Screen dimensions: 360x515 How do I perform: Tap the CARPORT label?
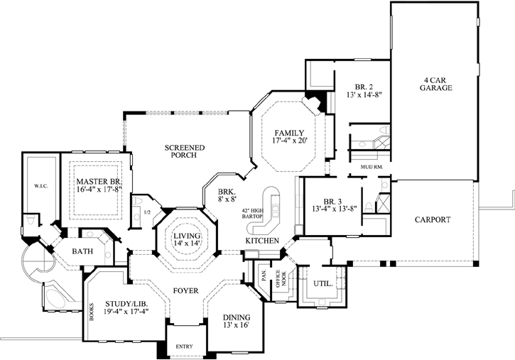(433, 219)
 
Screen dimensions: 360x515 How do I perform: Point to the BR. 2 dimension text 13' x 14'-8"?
(364, 94)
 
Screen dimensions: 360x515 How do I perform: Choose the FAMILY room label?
(289, 133)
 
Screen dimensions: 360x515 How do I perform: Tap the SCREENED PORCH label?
(185, 152)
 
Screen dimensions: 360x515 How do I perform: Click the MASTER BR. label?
(99, 182)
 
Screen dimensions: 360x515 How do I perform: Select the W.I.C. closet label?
(41, 187)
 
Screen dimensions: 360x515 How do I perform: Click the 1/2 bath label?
(146, 212)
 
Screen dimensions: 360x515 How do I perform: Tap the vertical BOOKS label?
(90, 312)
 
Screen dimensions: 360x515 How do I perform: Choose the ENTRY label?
(183, 347)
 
